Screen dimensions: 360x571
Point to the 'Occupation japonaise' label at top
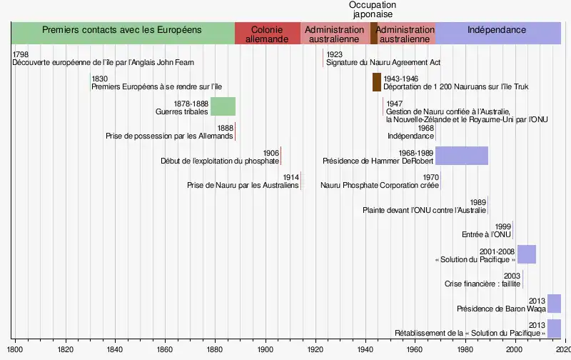(x=373, y=9)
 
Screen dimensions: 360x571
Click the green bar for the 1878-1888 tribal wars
(x=223, y=106)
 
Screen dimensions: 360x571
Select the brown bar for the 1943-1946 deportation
(x=377, y=82)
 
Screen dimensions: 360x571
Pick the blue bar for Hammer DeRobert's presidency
(x=462, y=156)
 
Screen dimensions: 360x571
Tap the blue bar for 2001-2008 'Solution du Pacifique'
(x=526, y=254)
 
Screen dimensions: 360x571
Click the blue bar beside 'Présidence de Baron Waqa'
(x=554, y=304)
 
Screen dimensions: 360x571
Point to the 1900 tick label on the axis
(x=265, y=350)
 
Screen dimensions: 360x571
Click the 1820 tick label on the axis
(x=65, y=350)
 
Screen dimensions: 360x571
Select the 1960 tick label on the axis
(x=415, y=350)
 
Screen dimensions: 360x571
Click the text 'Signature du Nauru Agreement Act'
(x=383, y=63)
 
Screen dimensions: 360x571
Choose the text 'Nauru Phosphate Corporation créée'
(x=380, y=186)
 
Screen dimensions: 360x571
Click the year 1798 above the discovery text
(x=21, y=54)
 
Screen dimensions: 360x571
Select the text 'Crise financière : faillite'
(x=482, y=284)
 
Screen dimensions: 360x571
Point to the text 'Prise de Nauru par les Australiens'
(x=243, y=186)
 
